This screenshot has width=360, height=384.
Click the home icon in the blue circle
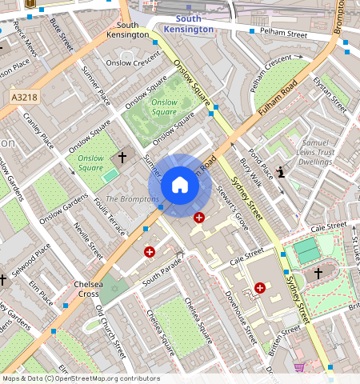click(180, 186)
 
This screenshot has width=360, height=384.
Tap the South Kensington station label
click(188, 23)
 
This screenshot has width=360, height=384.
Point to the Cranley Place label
click(38, 130)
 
